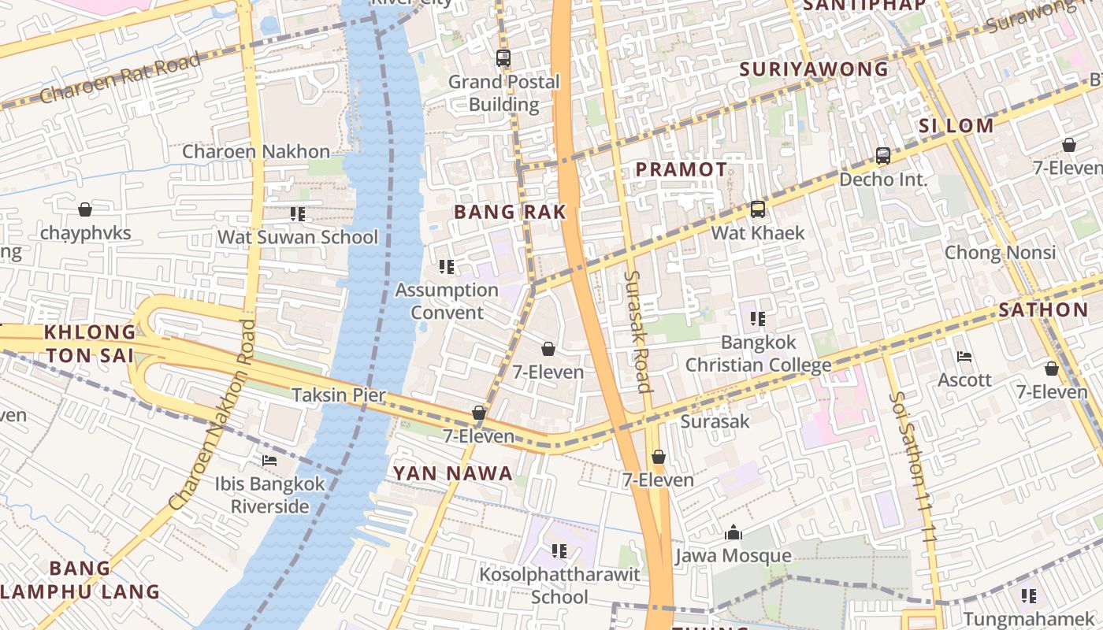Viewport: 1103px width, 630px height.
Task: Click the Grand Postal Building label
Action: [x=503, y=93]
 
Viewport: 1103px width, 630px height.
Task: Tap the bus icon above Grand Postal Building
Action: [x=503, y=58]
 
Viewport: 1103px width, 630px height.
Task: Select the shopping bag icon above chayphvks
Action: [x=85, y=209]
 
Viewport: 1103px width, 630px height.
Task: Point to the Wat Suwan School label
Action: [x=298, y=237]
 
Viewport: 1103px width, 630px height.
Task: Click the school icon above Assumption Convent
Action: [x=447, y=267]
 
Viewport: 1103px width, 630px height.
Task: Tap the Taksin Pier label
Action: [x=339, y=395]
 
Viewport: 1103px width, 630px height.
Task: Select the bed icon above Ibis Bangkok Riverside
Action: [x=269, y=461]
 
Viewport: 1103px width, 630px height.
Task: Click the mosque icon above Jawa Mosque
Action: [x=733, y=533]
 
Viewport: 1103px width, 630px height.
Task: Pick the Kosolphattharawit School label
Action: [x=559, y=586]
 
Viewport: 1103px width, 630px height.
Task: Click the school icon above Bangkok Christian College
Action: [x=758, y=319]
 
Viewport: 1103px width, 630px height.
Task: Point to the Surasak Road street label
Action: [x=637, y=331]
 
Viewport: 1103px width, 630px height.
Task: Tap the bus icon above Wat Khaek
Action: [x=758, y=209]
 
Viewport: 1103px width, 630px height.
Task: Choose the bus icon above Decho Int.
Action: [x=883, y=156]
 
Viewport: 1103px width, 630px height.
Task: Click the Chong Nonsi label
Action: [x=1000, y=253]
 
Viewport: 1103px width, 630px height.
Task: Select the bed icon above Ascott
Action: [x=964, y=357]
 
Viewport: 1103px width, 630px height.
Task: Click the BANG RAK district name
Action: [x=511, y=212]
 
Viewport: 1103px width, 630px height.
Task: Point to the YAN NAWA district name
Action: [x=453, y=473]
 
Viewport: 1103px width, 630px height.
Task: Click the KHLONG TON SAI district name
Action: [x=90, y=343]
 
